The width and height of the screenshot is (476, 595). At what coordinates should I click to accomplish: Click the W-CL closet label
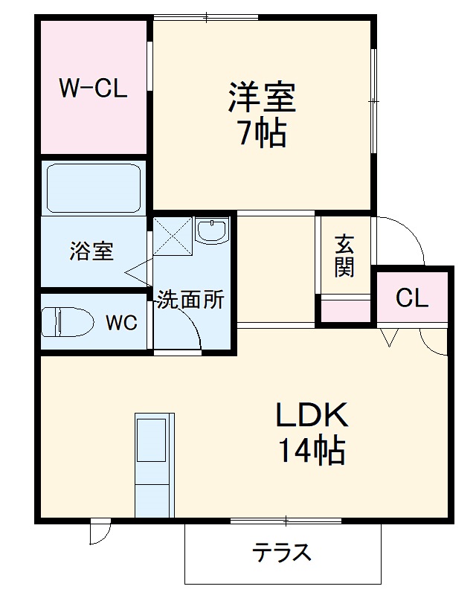(x=93, y=89)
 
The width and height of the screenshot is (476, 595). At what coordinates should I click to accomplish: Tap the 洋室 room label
(x=262, y=97)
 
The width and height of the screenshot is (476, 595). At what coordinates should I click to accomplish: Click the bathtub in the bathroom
(x=93, y=188)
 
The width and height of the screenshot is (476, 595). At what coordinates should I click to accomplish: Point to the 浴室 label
(x=91, y=251)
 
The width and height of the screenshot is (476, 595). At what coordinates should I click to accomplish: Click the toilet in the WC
(x=67, y=323)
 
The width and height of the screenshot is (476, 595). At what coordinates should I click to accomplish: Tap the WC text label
(x=120, y=323)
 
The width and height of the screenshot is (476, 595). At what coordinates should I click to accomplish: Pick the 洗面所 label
(x=190, y=299)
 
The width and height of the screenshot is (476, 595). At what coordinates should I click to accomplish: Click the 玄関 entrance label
(x=344, y=255)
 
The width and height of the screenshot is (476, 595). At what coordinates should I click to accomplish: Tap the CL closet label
(x=412, y=298)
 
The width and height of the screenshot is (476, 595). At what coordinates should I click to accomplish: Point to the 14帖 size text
(x=311, y=451)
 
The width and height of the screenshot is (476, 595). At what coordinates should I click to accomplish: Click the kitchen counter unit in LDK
(x=154, y=465)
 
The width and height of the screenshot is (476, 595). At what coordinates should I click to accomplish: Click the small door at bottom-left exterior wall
(x=100, y=531)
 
